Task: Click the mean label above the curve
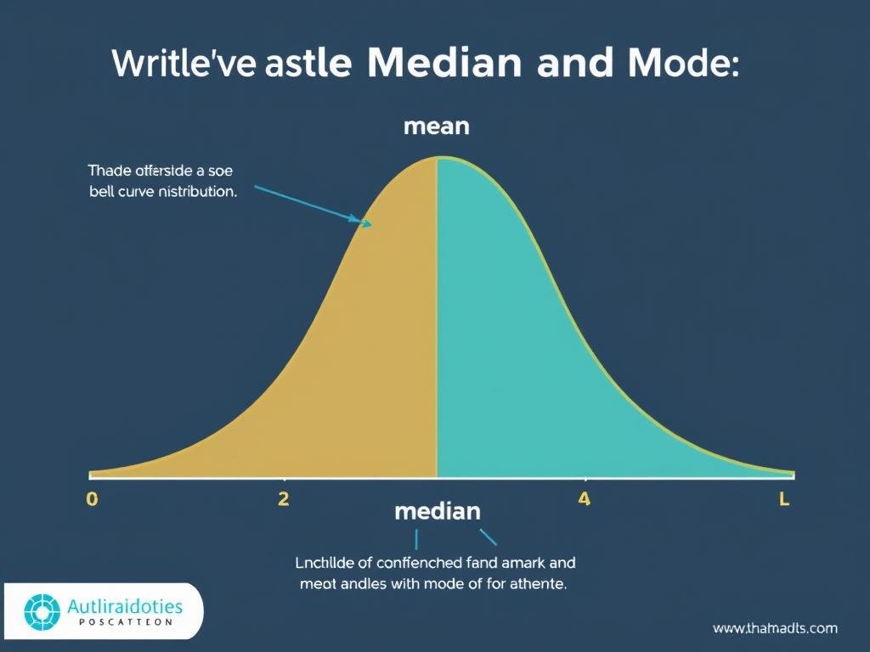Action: pyautogui.click(x=437, y=127)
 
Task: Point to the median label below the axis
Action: pyautogui.click(x=438, y=512)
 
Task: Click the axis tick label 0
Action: pyautogui.click(x=93, y=499)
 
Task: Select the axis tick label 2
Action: pyautogui.click(x=284, y=499)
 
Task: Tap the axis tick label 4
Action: pyautogui.click(x=584, y=499)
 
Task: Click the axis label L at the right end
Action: pyautogui.click(x=784, y=500)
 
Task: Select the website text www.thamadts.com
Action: pyautogui.click(x=775, y=628)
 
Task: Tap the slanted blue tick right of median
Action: pyautogui.click(x=489, y=537)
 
